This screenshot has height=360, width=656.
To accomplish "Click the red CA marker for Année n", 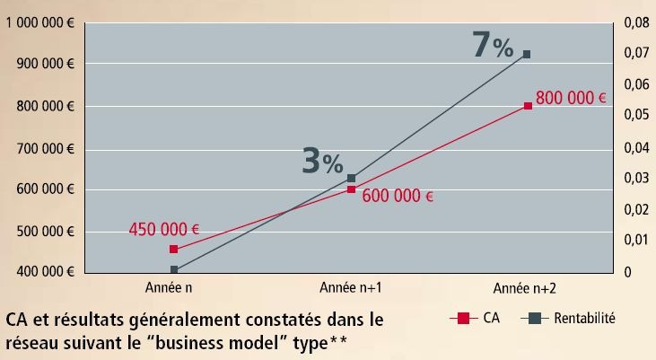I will [174, 249].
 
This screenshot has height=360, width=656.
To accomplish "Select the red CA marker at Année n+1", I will [351, 189].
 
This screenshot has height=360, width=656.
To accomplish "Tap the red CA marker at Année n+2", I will [528, 106].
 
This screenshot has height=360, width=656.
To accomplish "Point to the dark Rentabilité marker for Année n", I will [174, 269].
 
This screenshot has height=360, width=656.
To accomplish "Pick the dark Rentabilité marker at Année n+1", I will [351, 179].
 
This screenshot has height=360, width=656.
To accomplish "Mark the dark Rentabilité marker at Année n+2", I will [528, 55].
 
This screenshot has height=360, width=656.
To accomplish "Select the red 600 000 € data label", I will [398, 196].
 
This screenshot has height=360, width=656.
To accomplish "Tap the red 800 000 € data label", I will [571, 98].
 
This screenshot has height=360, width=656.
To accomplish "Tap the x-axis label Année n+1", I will [351, 288].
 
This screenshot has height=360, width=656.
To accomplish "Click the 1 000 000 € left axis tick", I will [40, 23].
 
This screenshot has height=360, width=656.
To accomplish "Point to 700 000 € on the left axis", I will [44, 148].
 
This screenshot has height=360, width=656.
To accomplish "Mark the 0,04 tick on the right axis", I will [634, 147].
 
